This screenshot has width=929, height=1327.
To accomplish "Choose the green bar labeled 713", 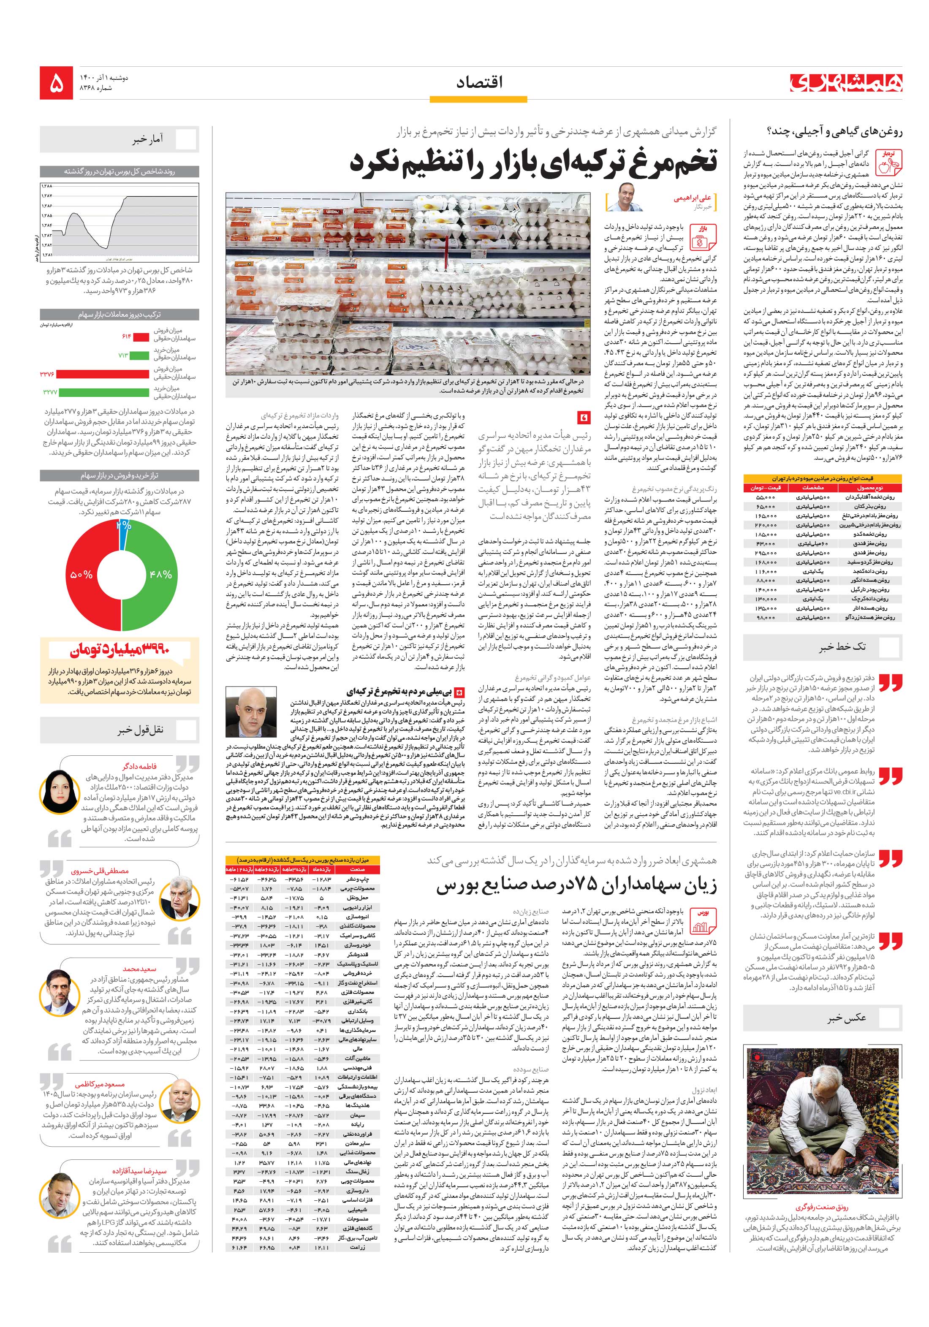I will click(139, 354).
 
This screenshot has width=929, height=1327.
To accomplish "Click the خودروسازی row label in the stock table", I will click(357, 945).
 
